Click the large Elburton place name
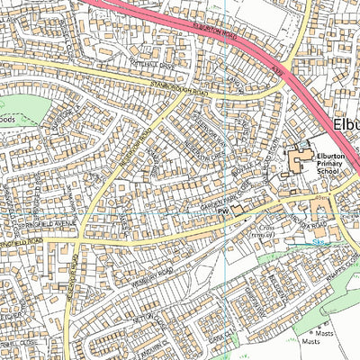[346, 125]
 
